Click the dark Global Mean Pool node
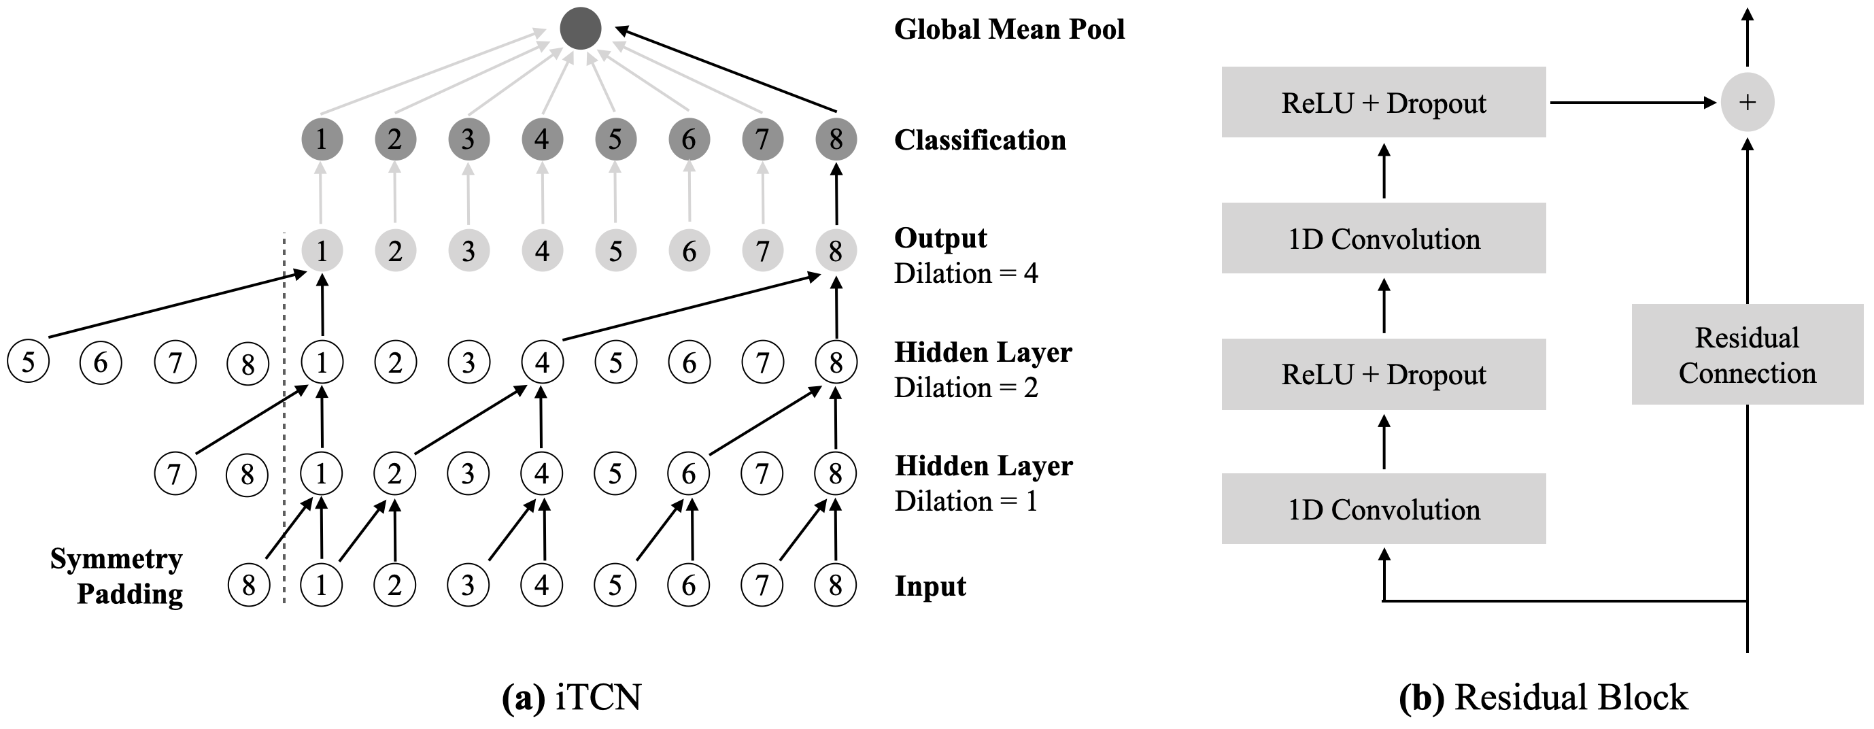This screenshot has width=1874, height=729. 581,29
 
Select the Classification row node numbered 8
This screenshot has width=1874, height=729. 836,139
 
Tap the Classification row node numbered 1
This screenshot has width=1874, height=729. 322,139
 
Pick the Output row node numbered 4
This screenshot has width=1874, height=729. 542,251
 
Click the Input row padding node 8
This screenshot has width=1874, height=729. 248,585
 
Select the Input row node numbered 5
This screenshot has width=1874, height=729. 615,585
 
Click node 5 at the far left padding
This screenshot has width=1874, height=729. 28,362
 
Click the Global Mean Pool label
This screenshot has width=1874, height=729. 1009,29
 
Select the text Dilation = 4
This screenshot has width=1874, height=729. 966,273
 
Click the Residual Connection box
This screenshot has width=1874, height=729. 1747,354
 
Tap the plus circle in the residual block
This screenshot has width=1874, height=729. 1747,103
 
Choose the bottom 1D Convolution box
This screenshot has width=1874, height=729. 1383,509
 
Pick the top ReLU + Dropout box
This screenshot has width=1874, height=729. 1383,103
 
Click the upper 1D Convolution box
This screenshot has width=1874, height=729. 1383,238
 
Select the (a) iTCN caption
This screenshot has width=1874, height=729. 572,697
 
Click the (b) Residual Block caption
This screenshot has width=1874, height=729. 1543,697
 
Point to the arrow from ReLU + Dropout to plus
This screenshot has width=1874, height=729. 1630,103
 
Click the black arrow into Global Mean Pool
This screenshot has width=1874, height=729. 728,69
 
